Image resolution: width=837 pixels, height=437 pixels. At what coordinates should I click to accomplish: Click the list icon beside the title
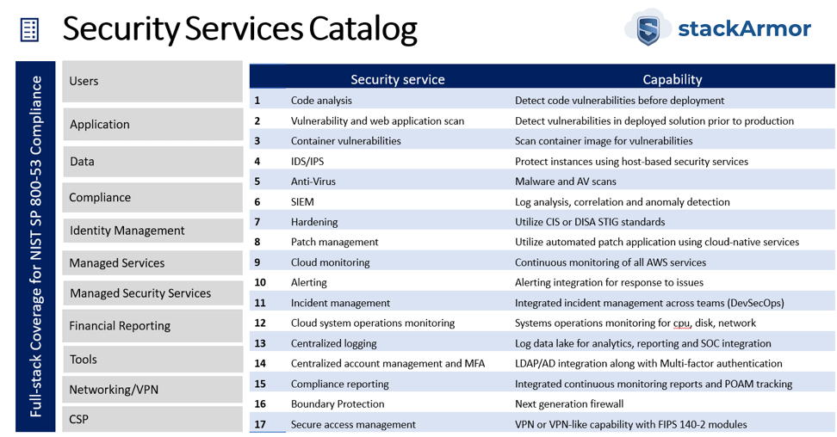[29, 29]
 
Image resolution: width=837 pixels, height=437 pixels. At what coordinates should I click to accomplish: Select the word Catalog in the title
[363, 29]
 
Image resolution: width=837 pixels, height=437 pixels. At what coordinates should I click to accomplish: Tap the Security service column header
[398, 79]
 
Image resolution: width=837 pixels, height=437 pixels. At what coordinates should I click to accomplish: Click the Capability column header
[672, 79]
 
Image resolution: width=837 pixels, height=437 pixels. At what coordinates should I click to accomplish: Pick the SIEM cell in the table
[302, 201]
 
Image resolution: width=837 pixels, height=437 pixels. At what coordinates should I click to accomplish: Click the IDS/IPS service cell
[307, 161]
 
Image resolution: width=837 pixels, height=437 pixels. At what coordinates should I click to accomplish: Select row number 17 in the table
[260, 424]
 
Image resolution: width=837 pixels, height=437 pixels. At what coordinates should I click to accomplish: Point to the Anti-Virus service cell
[313, 182]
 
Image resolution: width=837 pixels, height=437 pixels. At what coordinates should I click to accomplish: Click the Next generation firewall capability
[569, 404]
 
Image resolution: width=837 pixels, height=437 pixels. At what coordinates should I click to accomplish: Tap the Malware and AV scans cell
[565, 182]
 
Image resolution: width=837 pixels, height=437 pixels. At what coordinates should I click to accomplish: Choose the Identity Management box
[152, 230]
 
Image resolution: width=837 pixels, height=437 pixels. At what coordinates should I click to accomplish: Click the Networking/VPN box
[152, 389]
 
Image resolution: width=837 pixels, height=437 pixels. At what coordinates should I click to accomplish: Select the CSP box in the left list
[152, 419]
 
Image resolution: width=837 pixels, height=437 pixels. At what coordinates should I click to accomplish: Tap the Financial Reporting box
[152, 325]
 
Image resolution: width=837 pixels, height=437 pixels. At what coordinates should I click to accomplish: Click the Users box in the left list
[152, 81]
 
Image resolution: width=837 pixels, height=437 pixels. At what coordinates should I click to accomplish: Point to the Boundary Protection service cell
[338, 404]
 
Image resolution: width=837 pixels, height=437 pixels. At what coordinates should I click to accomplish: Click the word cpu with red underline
[681, 323]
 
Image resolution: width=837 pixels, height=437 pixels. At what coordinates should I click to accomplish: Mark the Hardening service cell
[314, 222]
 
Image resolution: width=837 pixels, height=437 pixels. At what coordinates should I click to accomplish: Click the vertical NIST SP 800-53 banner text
[36, 246]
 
